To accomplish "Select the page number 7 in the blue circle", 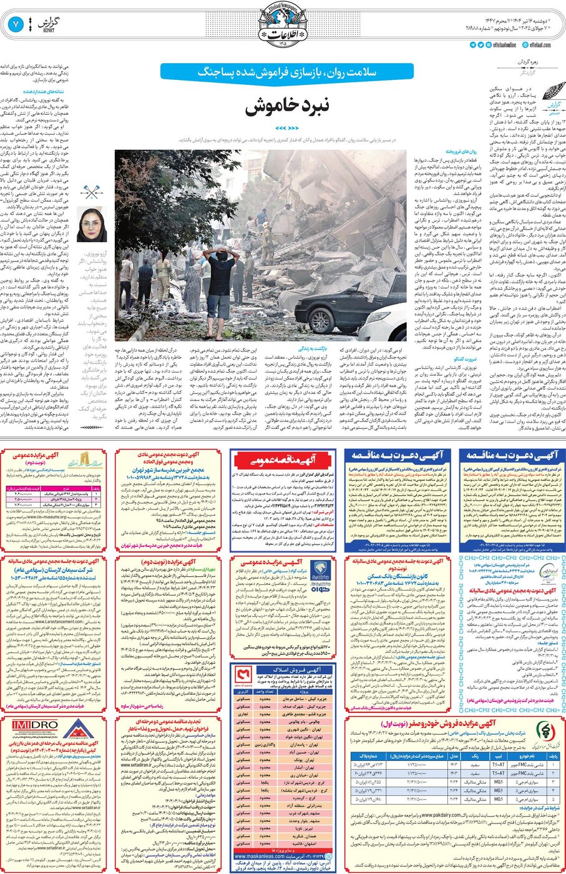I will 16,25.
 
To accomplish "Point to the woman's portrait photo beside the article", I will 92,225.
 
